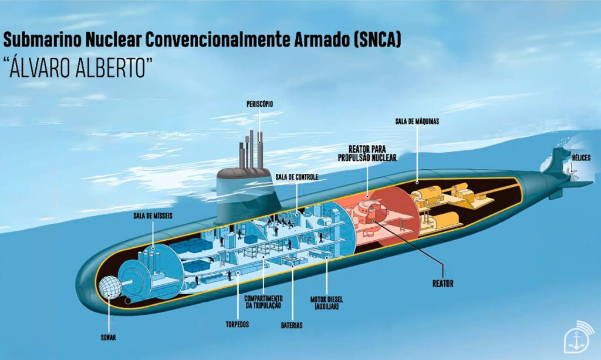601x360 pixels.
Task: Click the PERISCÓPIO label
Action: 259,104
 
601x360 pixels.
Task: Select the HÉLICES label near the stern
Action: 581,157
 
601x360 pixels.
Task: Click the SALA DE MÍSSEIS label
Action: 153,216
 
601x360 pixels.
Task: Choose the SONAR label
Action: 107,337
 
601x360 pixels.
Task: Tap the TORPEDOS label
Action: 238,324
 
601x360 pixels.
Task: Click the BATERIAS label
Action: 292,324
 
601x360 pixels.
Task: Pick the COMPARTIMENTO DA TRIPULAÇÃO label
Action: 262,301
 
